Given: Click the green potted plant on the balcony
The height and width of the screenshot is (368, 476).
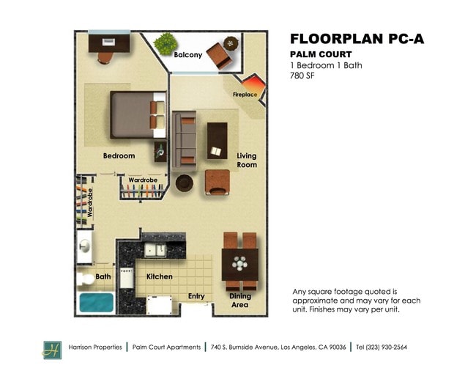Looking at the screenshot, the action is click(x=166, y=44).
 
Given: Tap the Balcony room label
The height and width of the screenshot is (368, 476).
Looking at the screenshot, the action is click(x=188, y=55).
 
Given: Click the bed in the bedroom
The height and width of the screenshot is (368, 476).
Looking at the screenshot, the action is click(x=138, y=114).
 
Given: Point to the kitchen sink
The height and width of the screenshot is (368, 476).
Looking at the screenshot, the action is click(x=155, y=250).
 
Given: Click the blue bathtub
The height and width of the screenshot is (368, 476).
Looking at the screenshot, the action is click(x=96, y=302).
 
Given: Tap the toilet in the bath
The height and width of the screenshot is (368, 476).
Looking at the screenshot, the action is click(x=85, y=279).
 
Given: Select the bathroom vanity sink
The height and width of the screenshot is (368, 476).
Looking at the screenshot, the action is click(x=85, y=246).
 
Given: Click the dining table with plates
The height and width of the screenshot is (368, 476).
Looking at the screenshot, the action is click(x=239, y=264).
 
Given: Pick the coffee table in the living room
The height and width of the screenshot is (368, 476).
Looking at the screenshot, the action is click(x=217, y=141).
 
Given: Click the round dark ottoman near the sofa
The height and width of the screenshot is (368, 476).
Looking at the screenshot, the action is click(x=185, y=183).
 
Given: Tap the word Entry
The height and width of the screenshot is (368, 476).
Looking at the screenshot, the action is click(x=196, y=296).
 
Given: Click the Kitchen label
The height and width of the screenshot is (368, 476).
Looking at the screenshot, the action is click(x=160, y=276).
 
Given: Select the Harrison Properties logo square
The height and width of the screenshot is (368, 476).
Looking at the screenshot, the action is click(x=52, y=350).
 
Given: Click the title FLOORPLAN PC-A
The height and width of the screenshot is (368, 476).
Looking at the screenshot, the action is click(x=357, y=39).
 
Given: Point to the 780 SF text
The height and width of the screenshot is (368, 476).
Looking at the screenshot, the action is click(x=302, y=76).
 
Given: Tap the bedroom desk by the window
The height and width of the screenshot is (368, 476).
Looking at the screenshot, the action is click(x=109, y=43).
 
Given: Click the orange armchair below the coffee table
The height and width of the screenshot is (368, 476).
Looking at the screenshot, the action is click(x=217, y=182).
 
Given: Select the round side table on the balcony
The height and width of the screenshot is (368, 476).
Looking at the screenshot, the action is click(x=231, y=43).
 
